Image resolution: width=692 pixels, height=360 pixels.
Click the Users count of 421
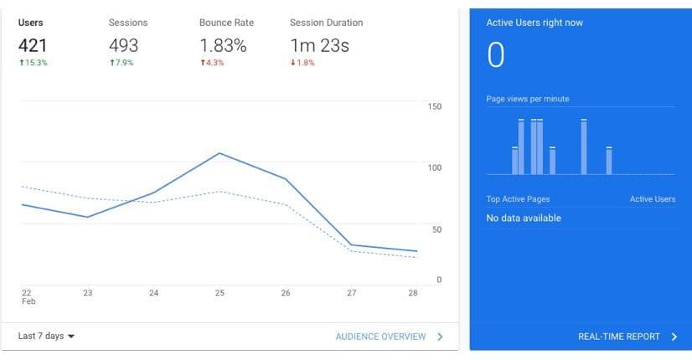point(34,45)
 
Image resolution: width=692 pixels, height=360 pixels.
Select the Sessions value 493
point(123,45)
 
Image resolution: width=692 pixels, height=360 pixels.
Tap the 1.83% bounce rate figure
point(222,45)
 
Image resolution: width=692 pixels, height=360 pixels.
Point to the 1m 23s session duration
point(319,45)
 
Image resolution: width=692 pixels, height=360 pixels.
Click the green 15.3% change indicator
point(33,64)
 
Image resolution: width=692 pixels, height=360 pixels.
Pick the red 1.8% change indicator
point(302,64)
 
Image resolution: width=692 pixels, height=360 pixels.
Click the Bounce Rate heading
point(226,23)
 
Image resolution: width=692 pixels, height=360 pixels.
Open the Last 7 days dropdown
point(46,336)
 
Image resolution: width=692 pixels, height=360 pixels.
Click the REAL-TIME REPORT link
point(627,337)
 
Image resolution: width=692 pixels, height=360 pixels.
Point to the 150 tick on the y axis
point(434,106)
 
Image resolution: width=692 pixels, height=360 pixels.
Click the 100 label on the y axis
point(434,167)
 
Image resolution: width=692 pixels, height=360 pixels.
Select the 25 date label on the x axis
point(219,293)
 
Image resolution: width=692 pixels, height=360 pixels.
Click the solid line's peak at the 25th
point(219,153)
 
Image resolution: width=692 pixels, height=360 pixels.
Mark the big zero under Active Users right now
point(496,55)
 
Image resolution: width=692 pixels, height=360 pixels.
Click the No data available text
point(524,219)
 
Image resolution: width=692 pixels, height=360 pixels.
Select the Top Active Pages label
point(518,199)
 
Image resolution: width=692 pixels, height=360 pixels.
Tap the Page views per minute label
point(527,99)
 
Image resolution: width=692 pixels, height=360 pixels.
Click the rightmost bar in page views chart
point(609,161)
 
